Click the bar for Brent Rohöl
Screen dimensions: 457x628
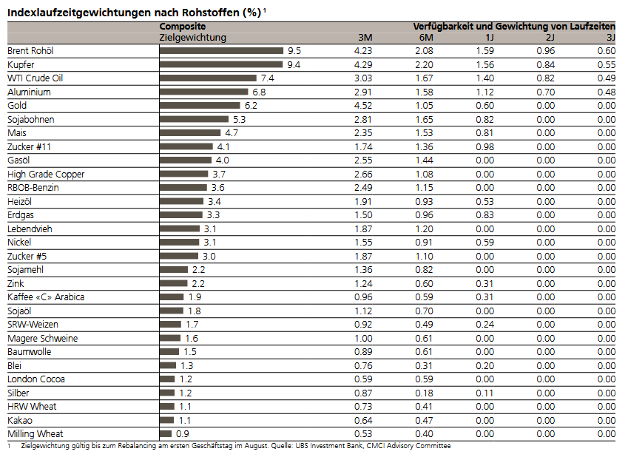tap(221, 51)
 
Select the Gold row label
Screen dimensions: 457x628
tap(18, 106)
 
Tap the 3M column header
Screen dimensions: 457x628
tap(364, 37)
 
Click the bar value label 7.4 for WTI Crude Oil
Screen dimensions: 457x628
tap(267, 78)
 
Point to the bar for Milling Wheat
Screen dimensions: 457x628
tap(166, 434)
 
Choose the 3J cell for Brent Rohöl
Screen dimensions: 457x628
tap(606, 51)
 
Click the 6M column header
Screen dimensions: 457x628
tap(425, 37)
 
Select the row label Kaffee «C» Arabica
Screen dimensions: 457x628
tap(46, 297)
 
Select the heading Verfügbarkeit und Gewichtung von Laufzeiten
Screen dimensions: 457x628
tap(513, 26)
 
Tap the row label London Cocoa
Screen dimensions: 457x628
tap(36, 379)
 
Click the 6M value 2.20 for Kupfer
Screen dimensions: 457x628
tap(423, 65)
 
